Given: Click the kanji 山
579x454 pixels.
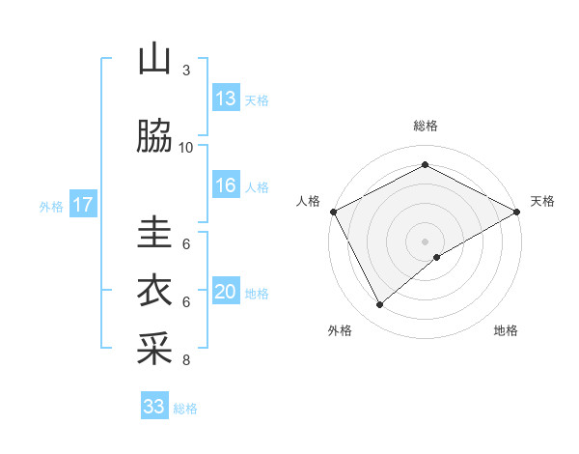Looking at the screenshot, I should pyautogui.click(x=154, y=60).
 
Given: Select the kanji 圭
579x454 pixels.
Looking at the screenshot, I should pyautogui.click(x=154, y=233).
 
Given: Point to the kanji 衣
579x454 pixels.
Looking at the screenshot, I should pyautogui.click(x=154, y=291).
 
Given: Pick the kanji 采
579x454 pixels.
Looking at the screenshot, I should pyautogui.click(x=154, y=349).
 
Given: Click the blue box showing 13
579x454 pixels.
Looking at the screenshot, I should pyautogui.click(x=226, y=99).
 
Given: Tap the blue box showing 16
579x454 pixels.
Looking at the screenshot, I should pyautogui.click(x=226, y=185).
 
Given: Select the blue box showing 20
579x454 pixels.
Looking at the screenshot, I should pyautogui.click(x=226, y=292).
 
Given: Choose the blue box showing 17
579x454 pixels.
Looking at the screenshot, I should pyautogui.click(x=83, y=205).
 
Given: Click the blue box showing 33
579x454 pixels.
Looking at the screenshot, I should pyautogui.click(x=154, y=407).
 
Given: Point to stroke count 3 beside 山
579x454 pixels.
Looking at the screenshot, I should pyautogui.click(x=186, y=71).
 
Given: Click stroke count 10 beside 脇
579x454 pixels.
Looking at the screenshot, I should pyautogui.click(x=186, y=148).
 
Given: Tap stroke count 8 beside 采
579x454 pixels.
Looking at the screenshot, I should pyautogui.click(x=186, y=360).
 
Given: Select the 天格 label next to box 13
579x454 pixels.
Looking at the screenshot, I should pyautogui.click(x=257, y=100).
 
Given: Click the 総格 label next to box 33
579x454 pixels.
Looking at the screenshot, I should pyautogui.click(x=185, y=409).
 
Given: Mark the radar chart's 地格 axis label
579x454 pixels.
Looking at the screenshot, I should pyautogui.click(x=506, y=331).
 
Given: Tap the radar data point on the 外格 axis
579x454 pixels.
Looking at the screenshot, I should pyautogui.click(x=379, y=305).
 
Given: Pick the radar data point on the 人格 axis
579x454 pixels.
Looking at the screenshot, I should pyautogui.click(x=333, y=212).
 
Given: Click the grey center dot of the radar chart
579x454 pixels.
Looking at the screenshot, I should pyautogui.click(x=425, y=241).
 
